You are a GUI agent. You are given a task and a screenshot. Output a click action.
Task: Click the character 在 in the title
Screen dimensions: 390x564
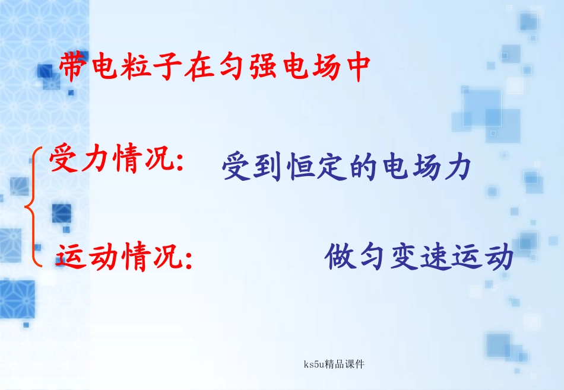[198, 68]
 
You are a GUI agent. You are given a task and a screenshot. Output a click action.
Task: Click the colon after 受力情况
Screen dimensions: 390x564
[179, 163]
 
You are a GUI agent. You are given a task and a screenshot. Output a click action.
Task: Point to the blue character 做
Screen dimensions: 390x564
[340, 258]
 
